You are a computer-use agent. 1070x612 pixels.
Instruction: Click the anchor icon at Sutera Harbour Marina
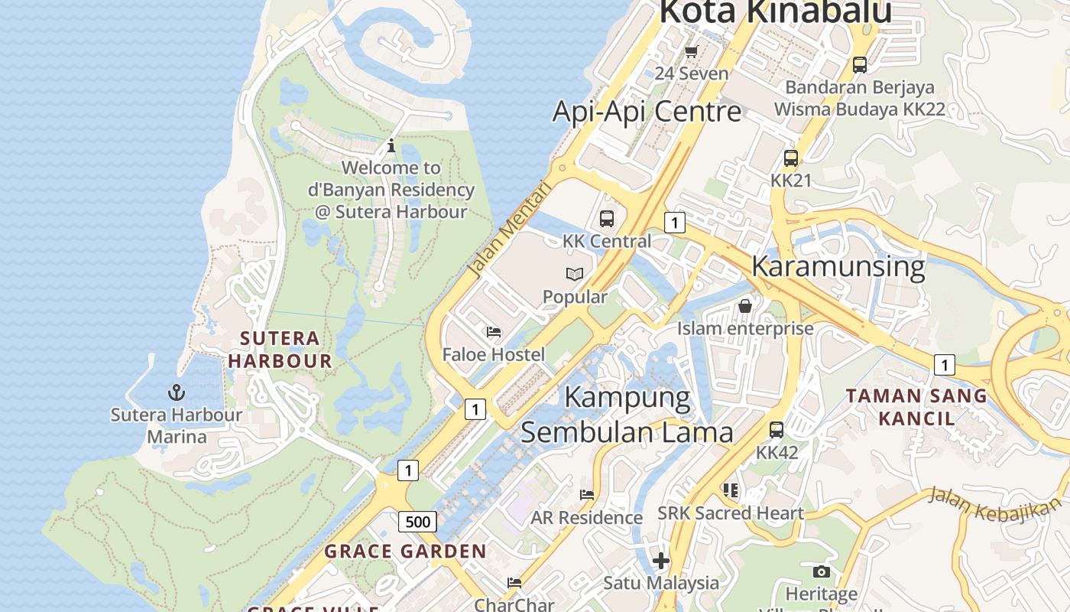click(x=177, y=392)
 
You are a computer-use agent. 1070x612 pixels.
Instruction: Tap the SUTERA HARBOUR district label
click(x=280, y=350)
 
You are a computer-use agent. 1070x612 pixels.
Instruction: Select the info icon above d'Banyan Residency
click(x=391, y=145)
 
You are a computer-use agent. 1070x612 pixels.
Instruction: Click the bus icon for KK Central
click(x=607, y=219)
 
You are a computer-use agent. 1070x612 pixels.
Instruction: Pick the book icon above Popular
click(x=575, y=274)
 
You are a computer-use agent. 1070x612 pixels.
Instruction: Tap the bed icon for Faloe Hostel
click(x=494, y=332)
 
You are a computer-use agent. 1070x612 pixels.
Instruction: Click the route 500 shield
click(x=417, y=522)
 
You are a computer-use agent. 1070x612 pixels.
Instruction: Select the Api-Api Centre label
click(x=647, y=112)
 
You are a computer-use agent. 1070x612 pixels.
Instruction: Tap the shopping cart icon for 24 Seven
click(x=692, y=51)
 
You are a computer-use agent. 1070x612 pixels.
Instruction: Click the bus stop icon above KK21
click(x=791, y=158)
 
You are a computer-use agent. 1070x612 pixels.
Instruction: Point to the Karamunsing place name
click(x=838, y=266)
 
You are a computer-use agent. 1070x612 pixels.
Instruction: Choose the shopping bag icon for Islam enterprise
click(x=745, y=306)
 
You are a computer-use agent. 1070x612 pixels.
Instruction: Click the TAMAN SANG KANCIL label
click(x=916, y=407)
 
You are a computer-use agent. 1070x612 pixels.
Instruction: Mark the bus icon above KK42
click(x=777, y=430)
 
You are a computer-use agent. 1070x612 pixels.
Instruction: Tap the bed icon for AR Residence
click(x=587, y=495)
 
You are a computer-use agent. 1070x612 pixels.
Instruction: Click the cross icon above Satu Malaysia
click(x=661, y=561)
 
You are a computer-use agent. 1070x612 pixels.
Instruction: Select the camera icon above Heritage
click(x=822, y=571)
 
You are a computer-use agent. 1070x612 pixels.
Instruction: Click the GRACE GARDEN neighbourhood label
click(x=405, y=551)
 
